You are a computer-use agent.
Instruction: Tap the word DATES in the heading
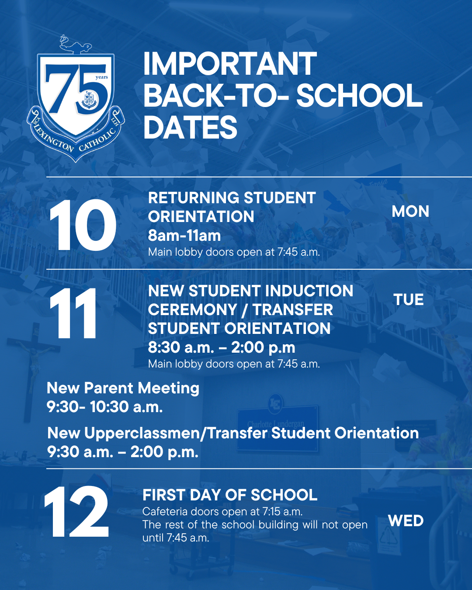point(191,127)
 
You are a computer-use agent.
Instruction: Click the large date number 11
point(73,313)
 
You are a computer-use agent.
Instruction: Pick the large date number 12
point(76,516)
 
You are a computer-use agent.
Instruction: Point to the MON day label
point(410,212)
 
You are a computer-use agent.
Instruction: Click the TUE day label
point(409,299)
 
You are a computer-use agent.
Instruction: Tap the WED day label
point(406,521)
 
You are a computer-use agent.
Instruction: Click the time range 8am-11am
point(184,235)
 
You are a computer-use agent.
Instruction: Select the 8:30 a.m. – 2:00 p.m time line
point(222,347)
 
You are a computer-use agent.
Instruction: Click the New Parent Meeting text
point(123,389)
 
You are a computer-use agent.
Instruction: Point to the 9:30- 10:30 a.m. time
point(105,406)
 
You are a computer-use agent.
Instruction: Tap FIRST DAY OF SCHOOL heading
point(230,495)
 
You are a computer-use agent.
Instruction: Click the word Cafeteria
point(165,512)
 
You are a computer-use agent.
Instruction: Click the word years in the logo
point(102,77)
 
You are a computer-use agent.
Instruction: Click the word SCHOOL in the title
point(359,95)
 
